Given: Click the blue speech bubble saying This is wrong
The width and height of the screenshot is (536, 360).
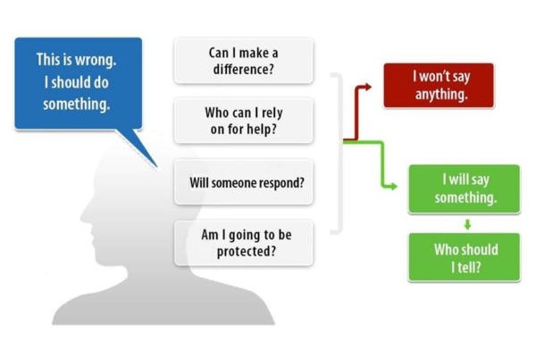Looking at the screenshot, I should pos(78,82).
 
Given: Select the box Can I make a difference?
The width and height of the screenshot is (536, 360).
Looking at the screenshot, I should pos(243,61).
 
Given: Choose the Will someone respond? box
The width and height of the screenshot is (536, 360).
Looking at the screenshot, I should pos(243,182).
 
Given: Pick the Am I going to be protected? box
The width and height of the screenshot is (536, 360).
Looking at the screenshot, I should pos(243,242).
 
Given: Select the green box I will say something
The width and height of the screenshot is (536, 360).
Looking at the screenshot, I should pos(464,188).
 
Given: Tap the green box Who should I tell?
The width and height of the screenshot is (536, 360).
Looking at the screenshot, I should pos(464,257).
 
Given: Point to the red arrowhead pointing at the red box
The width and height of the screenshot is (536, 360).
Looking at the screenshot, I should pos(367,87).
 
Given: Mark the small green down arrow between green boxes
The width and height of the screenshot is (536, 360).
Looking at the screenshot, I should pos(465,223).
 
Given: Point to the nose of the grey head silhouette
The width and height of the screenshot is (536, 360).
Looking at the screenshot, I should pos(82,214).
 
